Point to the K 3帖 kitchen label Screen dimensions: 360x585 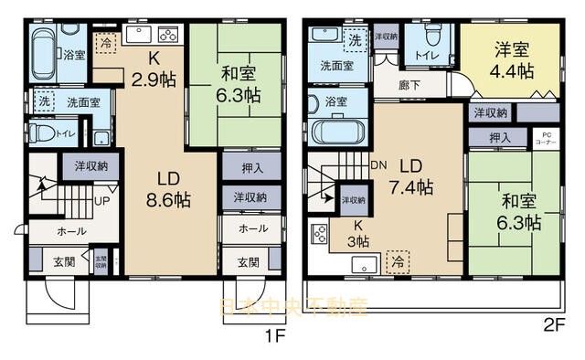tap(352, 233)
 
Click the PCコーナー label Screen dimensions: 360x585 tap(544, 140)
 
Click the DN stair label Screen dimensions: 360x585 tap(378, 165)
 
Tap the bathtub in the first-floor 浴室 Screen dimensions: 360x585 tap(42, 52)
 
